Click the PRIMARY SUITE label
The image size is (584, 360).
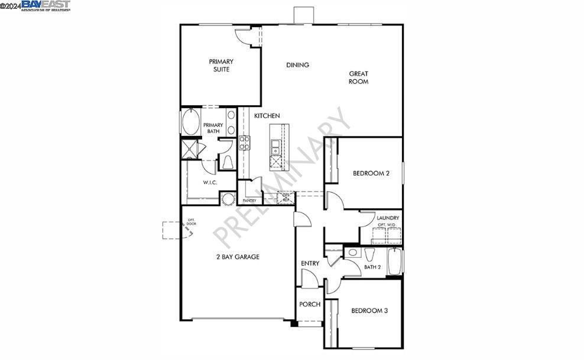pyautogui.click(x=221, y=65)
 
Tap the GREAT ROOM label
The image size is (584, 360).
pyautogui.click(x=358, y=77)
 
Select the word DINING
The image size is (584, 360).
pyautogui.click(x=297, y=65)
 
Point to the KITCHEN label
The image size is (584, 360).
pyautogui.click(x=267, y=116)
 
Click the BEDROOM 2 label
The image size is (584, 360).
pyautogui.click(x=371, y=173)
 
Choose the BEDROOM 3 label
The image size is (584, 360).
pyautogui.click(x=369, y=310)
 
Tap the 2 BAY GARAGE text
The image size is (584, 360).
pyautogui.click(x=237, y=257)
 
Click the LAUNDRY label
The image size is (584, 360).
pyautogui.click(x=388, y=218)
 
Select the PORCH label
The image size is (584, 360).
pyautogui.click(x=310, y=304)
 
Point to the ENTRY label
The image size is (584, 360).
pyautogui.click(x=310, y=263)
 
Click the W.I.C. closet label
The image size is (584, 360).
pyautogui.click(x=210, y=182)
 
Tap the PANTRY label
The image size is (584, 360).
pyautogui.click(x=249, y=200)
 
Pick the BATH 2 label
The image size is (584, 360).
pyautogui.click(x=372, y=267)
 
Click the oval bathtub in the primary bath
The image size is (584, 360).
pyautogui.click(x=191, y=123)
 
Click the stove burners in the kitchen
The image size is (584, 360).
pyautogui.click(x=244, y=142)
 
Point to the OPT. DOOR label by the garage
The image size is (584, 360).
pyautogui.click(x=191, y=222)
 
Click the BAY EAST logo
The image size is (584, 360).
pyautogui.click(x=46, y=5)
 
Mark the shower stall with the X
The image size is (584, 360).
pyautogui.click(x=189, y=149)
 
